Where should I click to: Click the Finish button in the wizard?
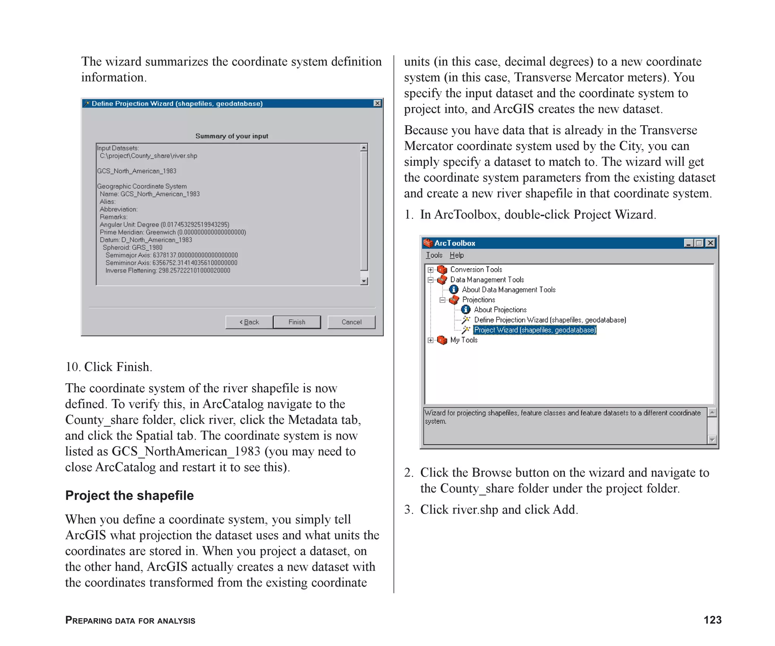point(296,322)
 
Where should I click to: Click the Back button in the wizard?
point(249,322)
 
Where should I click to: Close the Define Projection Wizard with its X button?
point(377,103)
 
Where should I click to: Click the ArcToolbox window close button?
point(710,243)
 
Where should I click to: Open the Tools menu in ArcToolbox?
point(434,255)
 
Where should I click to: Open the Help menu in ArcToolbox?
point(456,255)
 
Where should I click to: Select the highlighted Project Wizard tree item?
point(535,330)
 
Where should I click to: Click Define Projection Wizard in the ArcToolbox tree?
point(549,320)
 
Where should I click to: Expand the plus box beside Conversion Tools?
point(430,270)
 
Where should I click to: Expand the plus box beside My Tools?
point(430,340)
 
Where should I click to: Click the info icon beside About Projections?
point(465,310)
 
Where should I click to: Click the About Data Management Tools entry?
point(508,290)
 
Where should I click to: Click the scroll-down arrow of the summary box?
point(364,281)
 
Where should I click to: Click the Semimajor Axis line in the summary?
point(171,255)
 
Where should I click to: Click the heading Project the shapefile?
point(129,495)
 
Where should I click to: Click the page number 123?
point(712,620)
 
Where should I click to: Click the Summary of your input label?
point(232,136)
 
